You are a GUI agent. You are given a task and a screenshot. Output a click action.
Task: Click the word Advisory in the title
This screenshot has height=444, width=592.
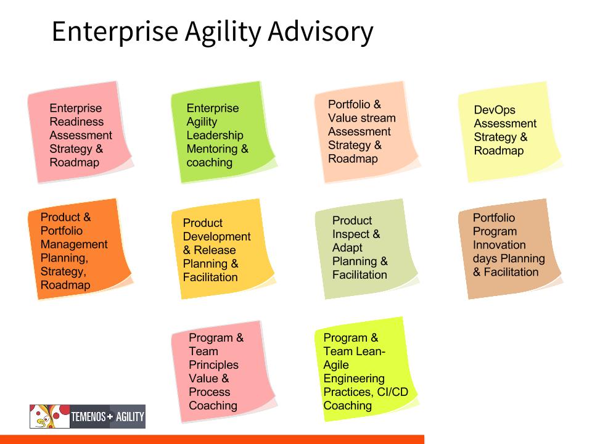coord(321,31)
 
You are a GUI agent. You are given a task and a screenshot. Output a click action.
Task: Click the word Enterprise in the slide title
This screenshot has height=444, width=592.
coord(115,31)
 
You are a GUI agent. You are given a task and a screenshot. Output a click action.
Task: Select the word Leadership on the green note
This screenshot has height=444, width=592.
coord(215,135)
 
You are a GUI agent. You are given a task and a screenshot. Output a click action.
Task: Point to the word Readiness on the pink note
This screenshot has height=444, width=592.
coord(76,121)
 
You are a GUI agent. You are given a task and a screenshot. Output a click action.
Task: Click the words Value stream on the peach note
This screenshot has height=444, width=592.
coord(362,118)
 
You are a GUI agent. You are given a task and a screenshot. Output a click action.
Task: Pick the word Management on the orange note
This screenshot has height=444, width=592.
coord(74,244)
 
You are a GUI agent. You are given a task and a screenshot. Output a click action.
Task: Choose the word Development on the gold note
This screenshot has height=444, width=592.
coord(216,237)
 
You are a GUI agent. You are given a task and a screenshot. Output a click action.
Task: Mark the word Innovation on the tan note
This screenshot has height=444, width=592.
coord(499,245)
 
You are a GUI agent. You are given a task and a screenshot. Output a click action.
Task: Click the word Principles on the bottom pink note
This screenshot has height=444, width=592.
coord(214,365)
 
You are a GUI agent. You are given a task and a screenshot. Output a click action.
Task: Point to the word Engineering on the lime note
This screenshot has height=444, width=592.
coord(354,379)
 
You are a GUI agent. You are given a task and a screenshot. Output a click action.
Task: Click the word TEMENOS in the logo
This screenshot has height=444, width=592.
coord(88,417)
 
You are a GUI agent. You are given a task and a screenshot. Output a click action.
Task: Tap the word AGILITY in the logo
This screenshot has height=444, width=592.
coord(130,417)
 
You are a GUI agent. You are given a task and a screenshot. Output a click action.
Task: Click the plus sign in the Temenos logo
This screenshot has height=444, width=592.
coord(110,417)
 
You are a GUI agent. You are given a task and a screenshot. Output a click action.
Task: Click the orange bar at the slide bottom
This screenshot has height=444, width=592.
coord(212,440)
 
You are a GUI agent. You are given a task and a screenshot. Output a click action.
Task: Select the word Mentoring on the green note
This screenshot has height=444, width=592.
coord(212,149)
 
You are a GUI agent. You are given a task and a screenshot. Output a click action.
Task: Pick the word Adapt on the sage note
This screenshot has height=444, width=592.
coord(347,248)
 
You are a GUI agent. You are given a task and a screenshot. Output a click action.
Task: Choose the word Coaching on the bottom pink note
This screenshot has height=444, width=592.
coord(213,406)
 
